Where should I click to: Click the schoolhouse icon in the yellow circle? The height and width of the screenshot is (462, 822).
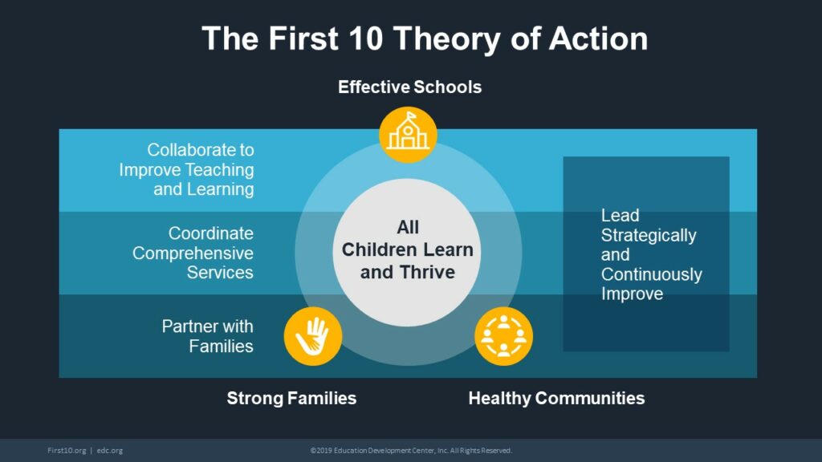click(408, 135)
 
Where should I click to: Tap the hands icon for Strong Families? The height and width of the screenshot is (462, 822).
click(313, 336)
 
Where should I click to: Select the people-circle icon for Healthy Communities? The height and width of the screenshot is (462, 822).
click(503, 336)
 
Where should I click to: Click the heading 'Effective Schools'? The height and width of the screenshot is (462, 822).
click(409, 87)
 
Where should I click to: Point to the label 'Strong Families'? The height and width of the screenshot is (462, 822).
click(291, 398)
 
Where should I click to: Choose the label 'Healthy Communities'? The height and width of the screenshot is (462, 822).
click(556, 398)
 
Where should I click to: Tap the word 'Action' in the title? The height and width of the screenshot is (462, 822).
click(598, 38)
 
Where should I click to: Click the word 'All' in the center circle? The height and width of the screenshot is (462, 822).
click(407, 227)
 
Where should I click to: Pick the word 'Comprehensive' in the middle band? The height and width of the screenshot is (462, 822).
click(193, 253)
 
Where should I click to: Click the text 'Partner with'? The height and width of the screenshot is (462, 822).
click(208, 326)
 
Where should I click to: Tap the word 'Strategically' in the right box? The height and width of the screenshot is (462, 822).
click(649, 236)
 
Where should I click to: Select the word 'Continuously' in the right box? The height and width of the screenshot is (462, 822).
click(652, 274)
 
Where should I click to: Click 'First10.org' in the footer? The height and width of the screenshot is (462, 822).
click(67, 451)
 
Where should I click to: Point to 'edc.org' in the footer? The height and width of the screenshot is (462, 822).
click(109, 451)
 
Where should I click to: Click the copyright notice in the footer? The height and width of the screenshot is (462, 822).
click(411, 451)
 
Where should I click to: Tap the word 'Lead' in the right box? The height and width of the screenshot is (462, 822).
click(621, 215)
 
